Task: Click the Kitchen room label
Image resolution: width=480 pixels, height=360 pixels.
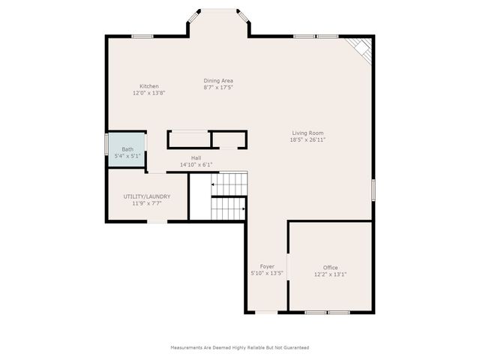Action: [148, 86]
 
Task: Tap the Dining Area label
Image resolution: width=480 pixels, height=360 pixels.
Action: [218, 80]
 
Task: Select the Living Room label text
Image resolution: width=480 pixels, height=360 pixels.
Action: [307, 133]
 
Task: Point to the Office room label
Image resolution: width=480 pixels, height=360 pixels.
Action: [330, 268]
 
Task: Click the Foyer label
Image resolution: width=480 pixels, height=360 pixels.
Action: [267, 266]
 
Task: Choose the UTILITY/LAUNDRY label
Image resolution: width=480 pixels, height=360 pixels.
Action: [147, 196]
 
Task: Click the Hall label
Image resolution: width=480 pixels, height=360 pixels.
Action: [196, 158]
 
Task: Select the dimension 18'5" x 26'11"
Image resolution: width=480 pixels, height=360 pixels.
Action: [307, 139]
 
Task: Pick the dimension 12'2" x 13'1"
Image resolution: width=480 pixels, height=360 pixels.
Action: [330, 274]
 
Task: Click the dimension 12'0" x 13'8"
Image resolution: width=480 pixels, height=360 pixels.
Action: [148, 93]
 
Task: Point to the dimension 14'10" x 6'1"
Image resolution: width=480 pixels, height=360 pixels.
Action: [196, 165]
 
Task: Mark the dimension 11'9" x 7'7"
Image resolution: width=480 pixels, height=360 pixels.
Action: [147, 203]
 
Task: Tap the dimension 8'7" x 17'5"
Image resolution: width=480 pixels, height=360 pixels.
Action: [218, 87]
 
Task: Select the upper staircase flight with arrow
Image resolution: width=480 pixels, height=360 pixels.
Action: [229, 183]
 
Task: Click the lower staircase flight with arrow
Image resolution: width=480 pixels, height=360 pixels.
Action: [229, 208]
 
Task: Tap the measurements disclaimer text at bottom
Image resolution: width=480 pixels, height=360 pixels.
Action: [240, 347]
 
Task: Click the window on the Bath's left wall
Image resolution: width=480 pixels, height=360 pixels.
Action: [106, 144]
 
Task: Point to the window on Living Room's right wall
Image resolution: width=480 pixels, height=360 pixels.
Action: [373, 189]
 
